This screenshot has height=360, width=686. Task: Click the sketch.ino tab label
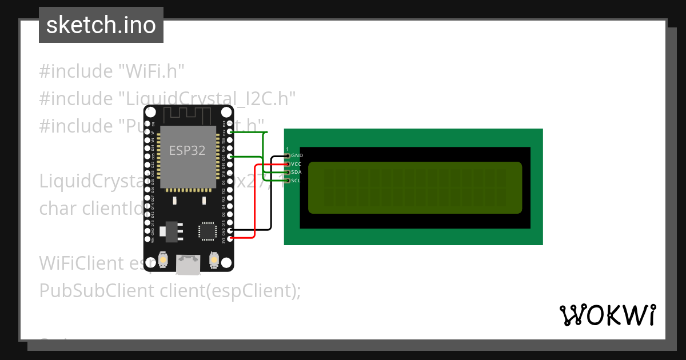click(101, 25)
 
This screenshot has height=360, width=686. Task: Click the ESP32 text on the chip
click(187, 150)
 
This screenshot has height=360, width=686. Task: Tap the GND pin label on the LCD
click(297, 155)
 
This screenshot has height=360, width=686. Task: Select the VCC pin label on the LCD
click(296, 164)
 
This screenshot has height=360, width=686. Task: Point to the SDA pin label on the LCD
click(296, 172)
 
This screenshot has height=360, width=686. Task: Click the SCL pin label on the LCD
click(296, 181)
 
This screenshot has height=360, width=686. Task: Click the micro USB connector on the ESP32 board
click(189, 265)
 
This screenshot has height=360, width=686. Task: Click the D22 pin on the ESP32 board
click(230, 132)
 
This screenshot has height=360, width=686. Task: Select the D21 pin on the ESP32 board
click(230, 156)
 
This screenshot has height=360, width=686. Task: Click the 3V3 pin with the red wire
click(230, 238)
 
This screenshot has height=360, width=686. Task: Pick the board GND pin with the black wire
click(230, 230)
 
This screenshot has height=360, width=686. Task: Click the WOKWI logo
click(607, 315)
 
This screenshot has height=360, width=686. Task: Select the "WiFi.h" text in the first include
click(151, 71)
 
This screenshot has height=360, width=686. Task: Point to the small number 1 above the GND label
click(288, 149)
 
